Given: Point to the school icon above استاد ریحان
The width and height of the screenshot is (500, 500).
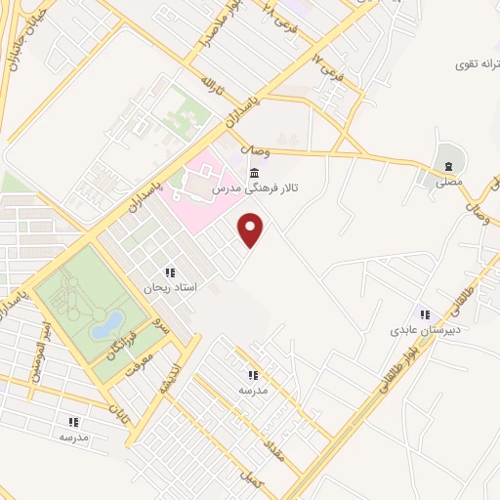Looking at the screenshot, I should tap(170, 273).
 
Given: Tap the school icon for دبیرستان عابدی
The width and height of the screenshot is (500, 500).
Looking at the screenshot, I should tap(424, 314).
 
